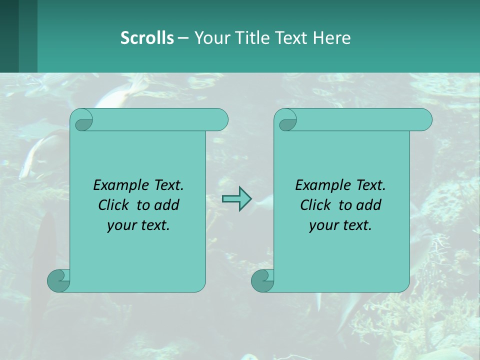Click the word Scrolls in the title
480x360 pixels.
click(147, 38)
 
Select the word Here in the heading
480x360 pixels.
click(331, 38)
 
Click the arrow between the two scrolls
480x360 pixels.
click(236, 199)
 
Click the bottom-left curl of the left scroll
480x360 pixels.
click(58, 281)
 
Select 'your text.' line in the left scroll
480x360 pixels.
click(138, 225)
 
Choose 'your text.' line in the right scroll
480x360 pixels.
click(340, 225)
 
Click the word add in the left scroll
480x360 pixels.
click(166, 205)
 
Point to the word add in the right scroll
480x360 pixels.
click(368, 205)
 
